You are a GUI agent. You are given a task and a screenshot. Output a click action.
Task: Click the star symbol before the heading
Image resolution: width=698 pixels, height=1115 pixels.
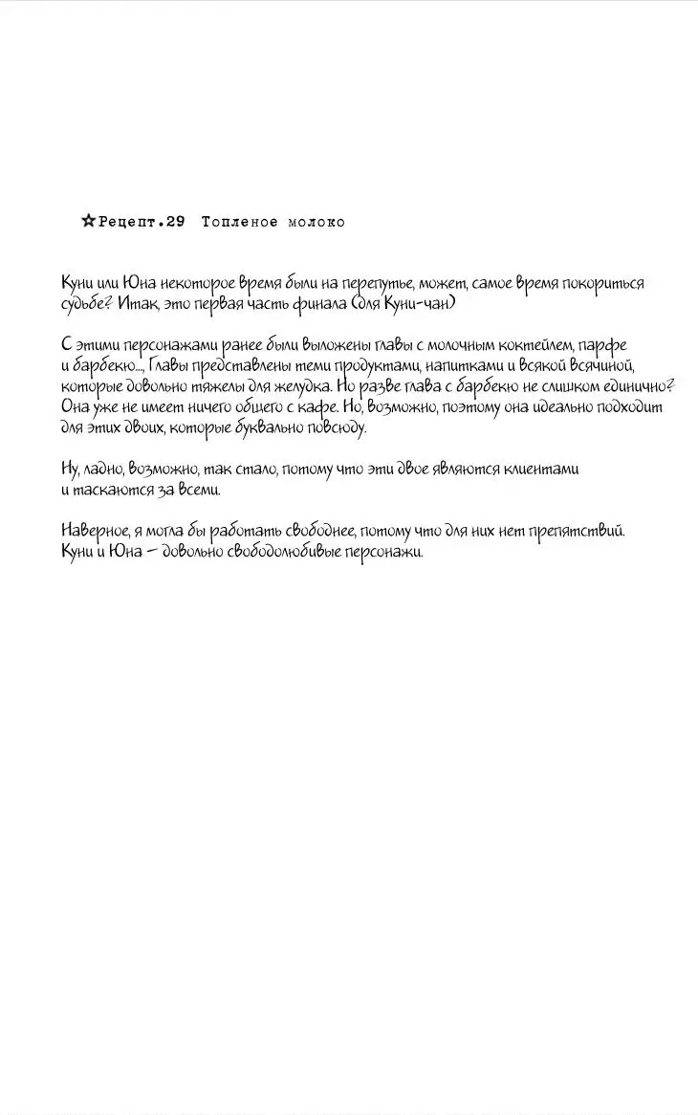pos(88,222)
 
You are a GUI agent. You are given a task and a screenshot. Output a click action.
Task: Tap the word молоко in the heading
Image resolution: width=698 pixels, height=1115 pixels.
pos(316,222)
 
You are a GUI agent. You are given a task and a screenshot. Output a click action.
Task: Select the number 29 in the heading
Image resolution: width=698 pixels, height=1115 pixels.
pos(174,222)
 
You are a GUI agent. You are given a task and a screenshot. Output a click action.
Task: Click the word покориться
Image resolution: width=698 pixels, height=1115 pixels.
pos(603,283)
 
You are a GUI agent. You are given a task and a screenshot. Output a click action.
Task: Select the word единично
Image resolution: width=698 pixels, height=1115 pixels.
pos(633,386)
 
